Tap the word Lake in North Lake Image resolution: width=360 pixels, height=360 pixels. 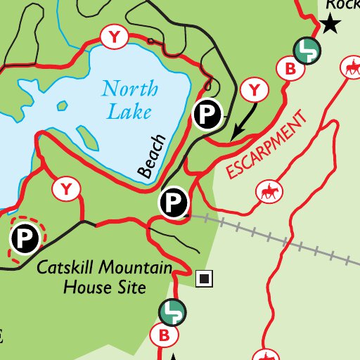125,111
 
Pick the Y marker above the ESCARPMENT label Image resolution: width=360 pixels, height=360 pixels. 254,89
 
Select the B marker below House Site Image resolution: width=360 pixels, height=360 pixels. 165,336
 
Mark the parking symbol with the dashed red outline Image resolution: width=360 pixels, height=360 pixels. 26,239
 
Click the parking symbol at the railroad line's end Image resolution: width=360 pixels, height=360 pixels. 174,203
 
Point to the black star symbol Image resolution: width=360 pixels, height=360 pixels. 330,26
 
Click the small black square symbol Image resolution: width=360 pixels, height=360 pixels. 205,279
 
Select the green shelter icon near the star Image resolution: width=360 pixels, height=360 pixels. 307,50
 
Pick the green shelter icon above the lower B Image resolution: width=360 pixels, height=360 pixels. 172,311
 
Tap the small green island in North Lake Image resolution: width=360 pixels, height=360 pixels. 62,107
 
